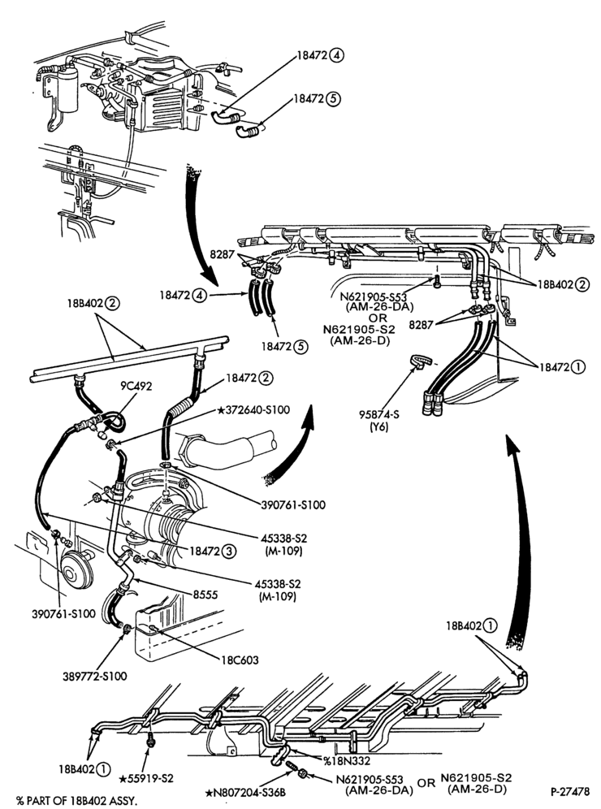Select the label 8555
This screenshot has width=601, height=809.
[205, 595]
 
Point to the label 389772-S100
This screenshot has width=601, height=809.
[94, 676]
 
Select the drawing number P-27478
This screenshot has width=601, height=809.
[569, 791]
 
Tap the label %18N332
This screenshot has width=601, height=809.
[347, 760]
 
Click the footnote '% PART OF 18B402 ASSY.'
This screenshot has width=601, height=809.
[77, 801]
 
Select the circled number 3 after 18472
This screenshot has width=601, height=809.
[229, 551]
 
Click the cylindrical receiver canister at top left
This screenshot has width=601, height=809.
[67, 90]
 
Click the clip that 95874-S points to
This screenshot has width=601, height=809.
[420, 361]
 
